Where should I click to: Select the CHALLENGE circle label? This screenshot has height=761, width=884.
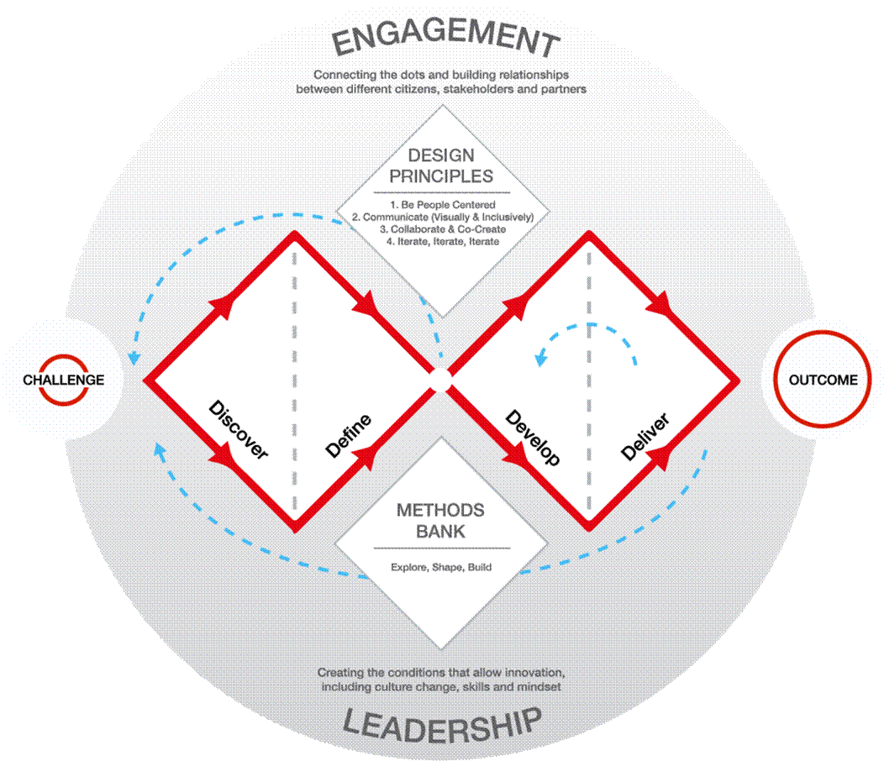pos(64,380)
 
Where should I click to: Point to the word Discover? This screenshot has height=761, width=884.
pos(239,429)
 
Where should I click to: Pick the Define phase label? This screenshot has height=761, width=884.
pos(349,435)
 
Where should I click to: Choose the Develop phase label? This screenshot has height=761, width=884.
pos(534,438)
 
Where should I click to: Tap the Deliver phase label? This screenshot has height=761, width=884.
pos(645,437)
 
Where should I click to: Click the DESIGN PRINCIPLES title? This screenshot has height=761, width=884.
pos(441,165)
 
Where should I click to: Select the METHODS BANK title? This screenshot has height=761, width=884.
pos(441,520)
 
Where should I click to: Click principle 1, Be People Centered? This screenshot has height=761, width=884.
pos(443,205)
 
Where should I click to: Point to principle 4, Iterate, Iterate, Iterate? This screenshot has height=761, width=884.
pos(443,241)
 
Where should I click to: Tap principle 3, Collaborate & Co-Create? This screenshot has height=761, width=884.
pos(443,228)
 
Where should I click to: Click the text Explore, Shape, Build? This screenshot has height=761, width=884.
pos(441,567)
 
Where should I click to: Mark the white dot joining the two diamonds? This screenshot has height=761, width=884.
pos(441,380)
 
